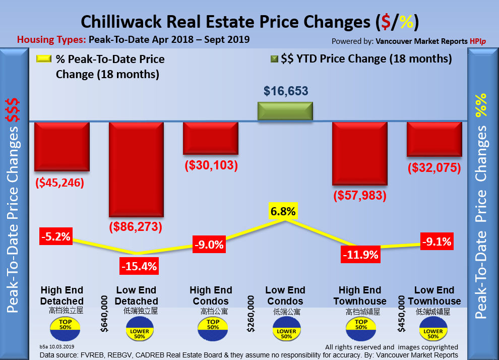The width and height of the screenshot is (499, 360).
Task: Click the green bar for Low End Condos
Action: [x=285, y=111]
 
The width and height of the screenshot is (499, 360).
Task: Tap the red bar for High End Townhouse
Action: [x=360, y=154]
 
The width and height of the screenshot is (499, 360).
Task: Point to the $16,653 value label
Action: [x=286, y=91]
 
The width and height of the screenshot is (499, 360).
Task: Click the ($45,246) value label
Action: [x=59, y=182]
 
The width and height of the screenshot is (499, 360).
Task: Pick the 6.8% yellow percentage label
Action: [x=283, y=211]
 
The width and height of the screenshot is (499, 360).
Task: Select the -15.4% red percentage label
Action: [x=139, y=264]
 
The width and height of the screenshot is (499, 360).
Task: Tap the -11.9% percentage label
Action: [x=360, y=255]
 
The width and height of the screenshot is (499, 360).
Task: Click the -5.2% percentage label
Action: [x=56, y=235]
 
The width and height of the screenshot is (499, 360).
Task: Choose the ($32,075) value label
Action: [x=434, y=167]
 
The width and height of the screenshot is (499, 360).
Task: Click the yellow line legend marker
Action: [x=44, y=59]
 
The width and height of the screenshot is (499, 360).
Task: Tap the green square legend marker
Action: [x=274, y=59]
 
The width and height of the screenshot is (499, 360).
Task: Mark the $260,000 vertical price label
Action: [x=251, y=314]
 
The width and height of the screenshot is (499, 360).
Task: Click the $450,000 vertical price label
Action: [x=401, y=314]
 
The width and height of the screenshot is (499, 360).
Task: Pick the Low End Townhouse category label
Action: [x=434, y=296]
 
